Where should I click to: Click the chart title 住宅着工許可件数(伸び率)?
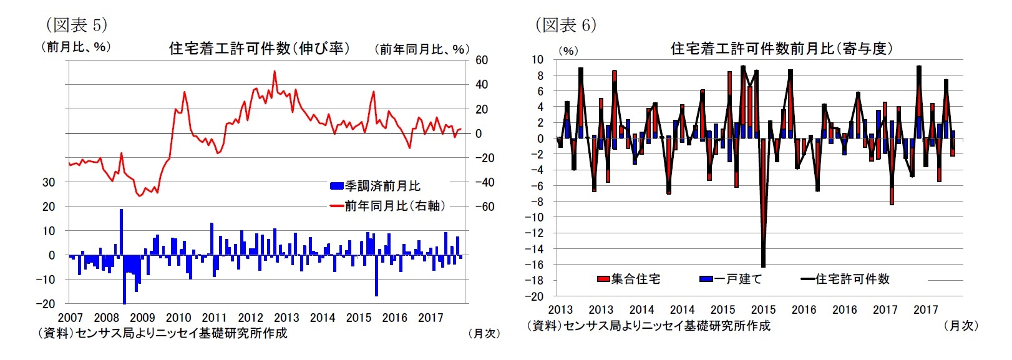pyautogui.click(x=260, y=48)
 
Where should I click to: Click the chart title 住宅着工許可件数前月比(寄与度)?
pyautogui.click(x=781, y=49)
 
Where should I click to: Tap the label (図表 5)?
pyautogui.click(x=76, y=24)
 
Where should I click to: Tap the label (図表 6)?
pyautogui.click(x=565, y=24)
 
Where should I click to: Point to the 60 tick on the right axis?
pyautogui.click(x=482, y=61)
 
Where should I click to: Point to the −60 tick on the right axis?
pyautogui.click(x=484, y=207)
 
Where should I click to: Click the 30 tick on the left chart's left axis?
pyautogui.click(x=48, y=182)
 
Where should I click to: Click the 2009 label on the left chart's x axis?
pyautogui.click(x=142, y=318)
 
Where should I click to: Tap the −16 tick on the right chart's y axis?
pyautogui.click(x=537, y=265)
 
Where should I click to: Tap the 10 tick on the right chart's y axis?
pyautogui.click(x=538, y=60)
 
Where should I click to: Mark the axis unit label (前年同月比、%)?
pyautogui.click(x=422, y=49)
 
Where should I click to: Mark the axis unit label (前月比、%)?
pyautogui.click(x=76, y=47)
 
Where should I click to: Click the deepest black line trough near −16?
pyautogui.click(x=763, y=266)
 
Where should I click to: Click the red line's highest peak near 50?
pyautogui.click(x=275, y=72)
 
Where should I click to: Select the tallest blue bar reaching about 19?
pyautogui.click(x=121, y=211)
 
